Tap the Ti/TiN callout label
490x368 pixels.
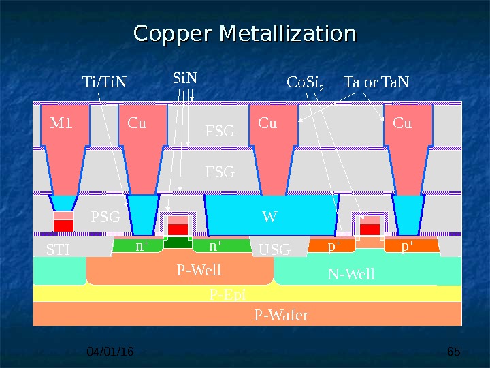click(x=104, y=83)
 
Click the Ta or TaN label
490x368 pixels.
click(x=376, y=83)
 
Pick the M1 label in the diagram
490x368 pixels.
click(x=61, y=123)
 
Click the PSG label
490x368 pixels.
click(x=105, y=218)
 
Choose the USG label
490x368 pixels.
click(x=274, y=251)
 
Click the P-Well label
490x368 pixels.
click(x=199, y=271)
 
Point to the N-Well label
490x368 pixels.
click(x=351, y=275)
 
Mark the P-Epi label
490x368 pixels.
click(x=227, y=294)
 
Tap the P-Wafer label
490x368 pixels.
click(x=281, y=315)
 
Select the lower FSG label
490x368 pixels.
click(x=219, y=172)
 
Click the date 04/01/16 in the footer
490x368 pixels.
click(x=112, y=352)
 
